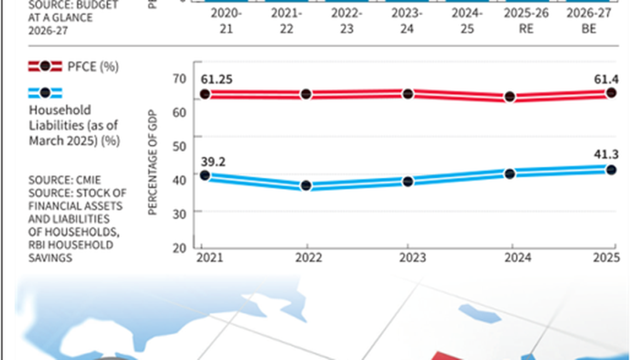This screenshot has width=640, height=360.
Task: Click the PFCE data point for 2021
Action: (204, 94)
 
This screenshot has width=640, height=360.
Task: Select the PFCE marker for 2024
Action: (509, 97)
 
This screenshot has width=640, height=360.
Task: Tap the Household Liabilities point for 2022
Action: (306, 186)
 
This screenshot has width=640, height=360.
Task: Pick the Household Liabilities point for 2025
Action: (611, 170)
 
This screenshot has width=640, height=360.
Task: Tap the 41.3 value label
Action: (604, 154)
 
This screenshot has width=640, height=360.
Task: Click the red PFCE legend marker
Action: (44, 66)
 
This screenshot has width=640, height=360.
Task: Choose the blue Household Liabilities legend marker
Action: (44, 94)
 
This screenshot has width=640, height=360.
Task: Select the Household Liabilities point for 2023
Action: (408, 181)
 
